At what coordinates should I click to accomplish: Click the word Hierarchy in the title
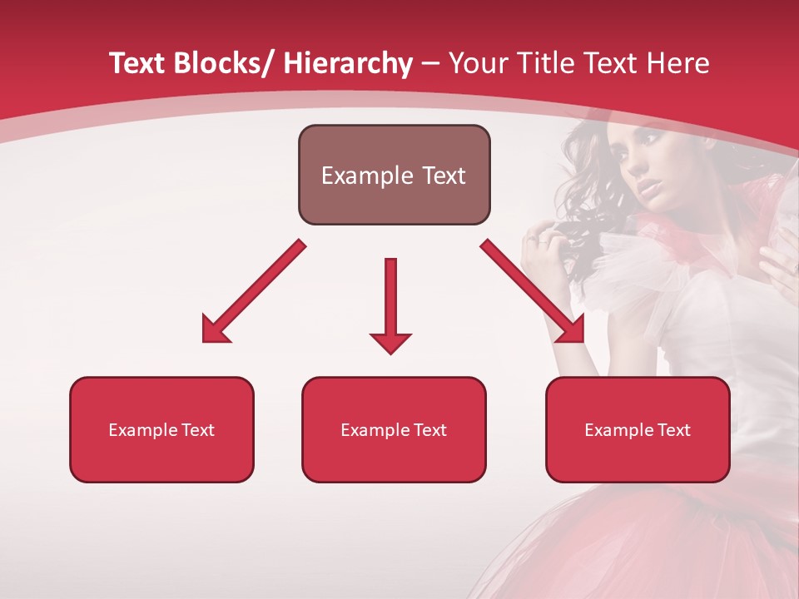click(x=348, y=63)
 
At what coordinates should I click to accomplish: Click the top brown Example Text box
click(x=394, y=175)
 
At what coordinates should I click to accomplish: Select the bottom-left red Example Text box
click(x=161, y=430)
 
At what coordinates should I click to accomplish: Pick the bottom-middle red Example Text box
click(x=394, y=430)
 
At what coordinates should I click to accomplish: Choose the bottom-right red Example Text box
click(x=638, y=430)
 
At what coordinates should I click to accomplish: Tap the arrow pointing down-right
click(x=533, y=291)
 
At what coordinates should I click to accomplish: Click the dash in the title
click(x=430, y=63)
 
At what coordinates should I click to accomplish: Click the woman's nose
click(x=642, y=179)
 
